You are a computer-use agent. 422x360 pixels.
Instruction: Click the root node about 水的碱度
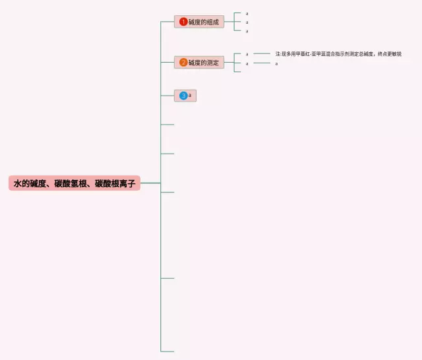click(x=75, y=183)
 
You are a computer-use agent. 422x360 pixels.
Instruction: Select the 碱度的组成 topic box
click(x=199, y=22)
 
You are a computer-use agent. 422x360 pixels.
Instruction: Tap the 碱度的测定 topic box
click(x=199, y=63)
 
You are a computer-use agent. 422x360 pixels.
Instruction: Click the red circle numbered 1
click(x=183, y=22)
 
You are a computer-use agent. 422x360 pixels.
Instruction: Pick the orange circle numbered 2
click(x=183, y=63)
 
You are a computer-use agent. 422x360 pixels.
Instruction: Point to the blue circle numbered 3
click(x=183, y=96)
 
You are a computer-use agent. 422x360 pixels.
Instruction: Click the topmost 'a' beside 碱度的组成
click(x=247, y=13)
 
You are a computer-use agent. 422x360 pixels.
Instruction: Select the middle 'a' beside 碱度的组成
click(x=247, y=22)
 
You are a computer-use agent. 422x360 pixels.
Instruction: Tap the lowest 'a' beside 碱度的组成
click(x=247, y=30)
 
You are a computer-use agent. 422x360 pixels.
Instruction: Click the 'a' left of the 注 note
click(x=247, y=54)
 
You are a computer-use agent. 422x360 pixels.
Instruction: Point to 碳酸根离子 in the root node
click(x=115, y=183)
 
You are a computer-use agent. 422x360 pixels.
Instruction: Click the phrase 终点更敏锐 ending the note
click(x=390, y=54)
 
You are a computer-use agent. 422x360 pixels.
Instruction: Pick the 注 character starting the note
click(x=278, y=54)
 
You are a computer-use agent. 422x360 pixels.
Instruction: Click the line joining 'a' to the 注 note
click(x=262, y=53)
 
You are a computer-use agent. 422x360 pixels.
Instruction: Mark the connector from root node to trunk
click(x=150, y=183)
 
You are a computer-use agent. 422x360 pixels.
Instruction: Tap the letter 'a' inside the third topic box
click(x=190, y=96)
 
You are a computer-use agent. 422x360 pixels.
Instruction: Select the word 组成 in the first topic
click(x=212, y=22)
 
